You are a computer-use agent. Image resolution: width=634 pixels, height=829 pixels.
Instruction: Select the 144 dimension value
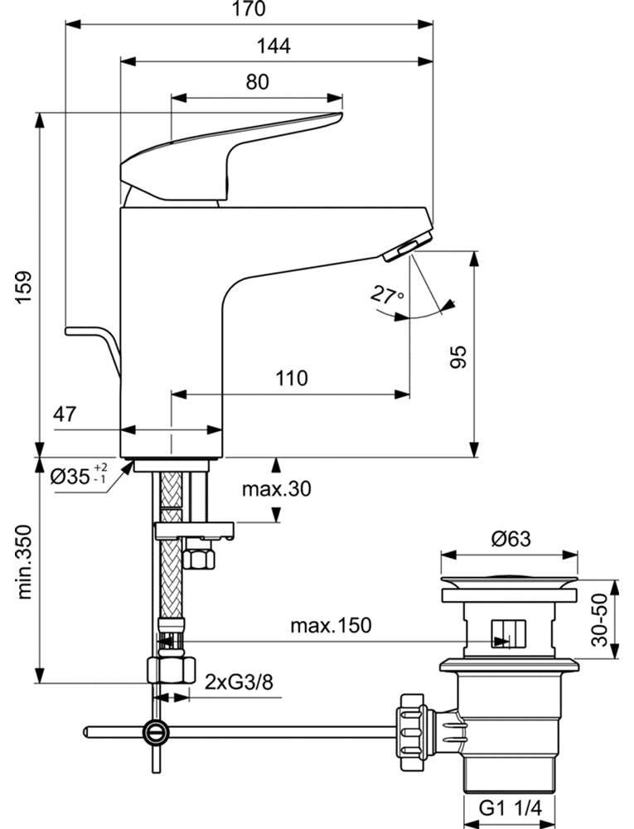[273, 46]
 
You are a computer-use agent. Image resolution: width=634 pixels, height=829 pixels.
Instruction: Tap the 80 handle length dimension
[257, 82]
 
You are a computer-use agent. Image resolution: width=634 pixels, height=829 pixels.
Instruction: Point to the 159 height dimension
[24, 287]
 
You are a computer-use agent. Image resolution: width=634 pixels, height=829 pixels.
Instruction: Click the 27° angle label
[387, 294]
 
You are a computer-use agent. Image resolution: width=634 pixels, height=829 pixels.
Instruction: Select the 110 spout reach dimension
[291, 378]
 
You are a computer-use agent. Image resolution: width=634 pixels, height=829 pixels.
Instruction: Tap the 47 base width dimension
[65, 414]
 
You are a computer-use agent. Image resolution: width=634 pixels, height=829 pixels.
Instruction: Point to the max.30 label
[276, 489]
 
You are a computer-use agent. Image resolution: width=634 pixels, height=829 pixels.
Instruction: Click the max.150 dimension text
[331, 625]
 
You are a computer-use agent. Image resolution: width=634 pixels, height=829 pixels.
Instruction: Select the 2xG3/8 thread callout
[239, 682]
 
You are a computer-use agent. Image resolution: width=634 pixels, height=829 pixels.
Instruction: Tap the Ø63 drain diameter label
[511, 539]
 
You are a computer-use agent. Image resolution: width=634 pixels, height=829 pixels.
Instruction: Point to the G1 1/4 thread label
[511, 807]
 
